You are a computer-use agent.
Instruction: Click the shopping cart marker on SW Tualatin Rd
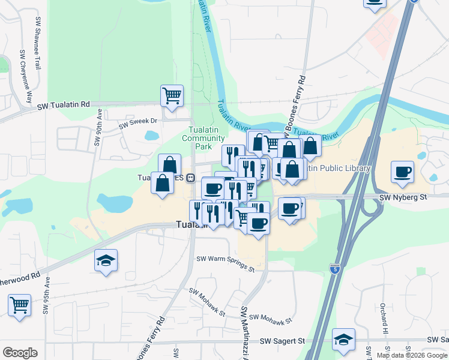coord(172,95)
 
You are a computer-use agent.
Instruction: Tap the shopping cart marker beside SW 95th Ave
coord(19,305)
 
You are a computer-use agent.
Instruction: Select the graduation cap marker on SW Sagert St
coord(343,339)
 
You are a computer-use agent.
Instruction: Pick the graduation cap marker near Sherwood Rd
coord(106,260)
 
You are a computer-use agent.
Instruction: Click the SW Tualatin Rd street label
coord(63,105)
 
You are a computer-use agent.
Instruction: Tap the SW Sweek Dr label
coord(137,123)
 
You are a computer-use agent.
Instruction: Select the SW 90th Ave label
coord(97,131)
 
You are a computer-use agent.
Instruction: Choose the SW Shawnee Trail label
coord(37,43)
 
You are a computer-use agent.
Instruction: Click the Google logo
coord(20,353)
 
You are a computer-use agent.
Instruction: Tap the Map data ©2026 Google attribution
coord(412,355)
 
